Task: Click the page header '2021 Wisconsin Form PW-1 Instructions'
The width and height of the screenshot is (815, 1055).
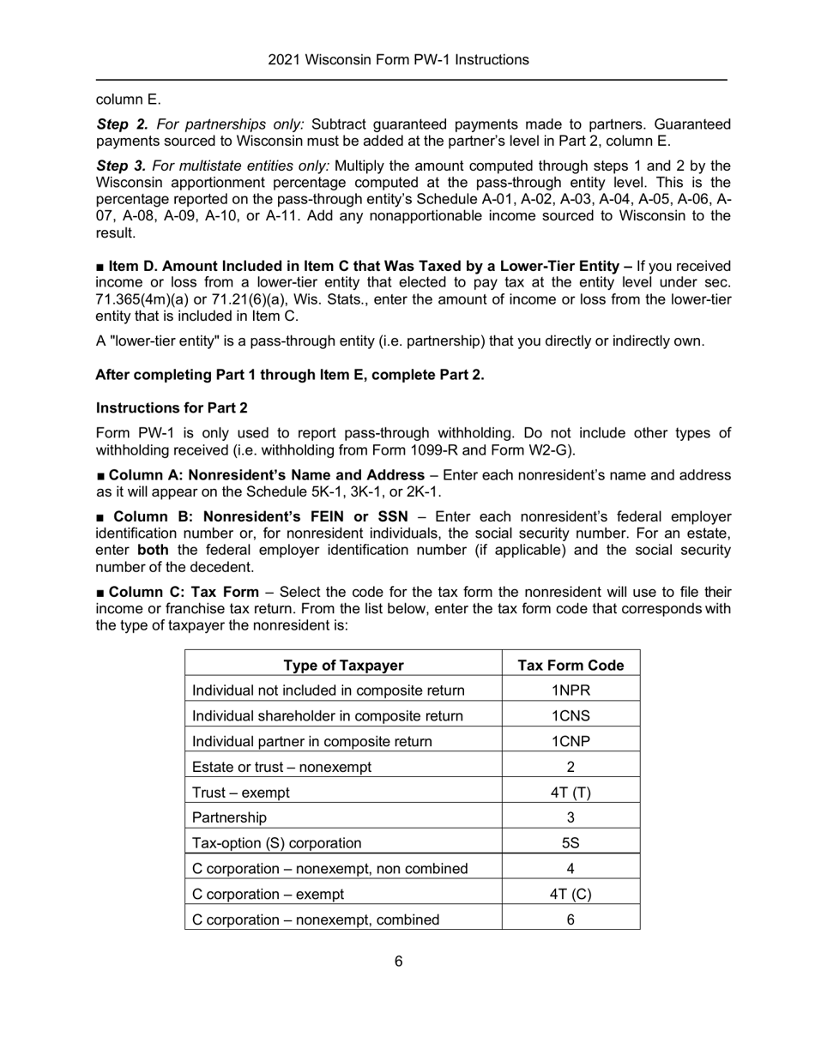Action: (x=398, y=60)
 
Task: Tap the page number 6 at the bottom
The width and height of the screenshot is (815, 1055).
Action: (x=399, y=962)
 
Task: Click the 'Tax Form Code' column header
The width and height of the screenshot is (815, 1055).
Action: (x=570, y=666)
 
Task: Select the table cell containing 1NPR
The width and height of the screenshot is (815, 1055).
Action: (x=570, y=690)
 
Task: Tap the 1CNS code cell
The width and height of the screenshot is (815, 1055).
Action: (x=570, y=716)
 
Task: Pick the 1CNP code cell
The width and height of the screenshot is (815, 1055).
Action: (x=570, y=741)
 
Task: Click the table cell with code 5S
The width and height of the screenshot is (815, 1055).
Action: (x=570, y=843)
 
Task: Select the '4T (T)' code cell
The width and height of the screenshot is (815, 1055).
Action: (x=570, y=793)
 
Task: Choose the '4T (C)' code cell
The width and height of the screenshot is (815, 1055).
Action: (x=570, y=894)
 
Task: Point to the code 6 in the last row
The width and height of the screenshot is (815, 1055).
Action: (x=570, y=919)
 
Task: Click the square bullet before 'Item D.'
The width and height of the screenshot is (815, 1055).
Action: (x=100, y=268)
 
